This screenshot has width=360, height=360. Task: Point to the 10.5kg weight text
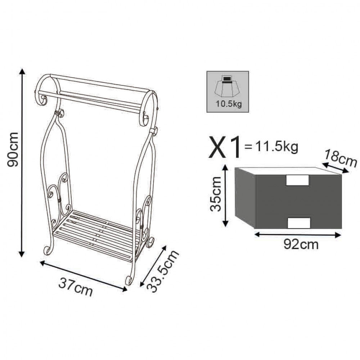point(228,105)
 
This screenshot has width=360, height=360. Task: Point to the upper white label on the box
point(297,180)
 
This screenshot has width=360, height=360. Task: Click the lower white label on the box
point(299,223)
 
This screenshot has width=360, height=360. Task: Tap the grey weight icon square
point(228,91)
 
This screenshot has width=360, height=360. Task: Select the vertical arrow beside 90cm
point(23,162)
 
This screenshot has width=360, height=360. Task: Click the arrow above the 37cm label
point(84,276)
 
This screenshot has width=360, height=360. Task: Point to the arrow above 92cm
point(297,235)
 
